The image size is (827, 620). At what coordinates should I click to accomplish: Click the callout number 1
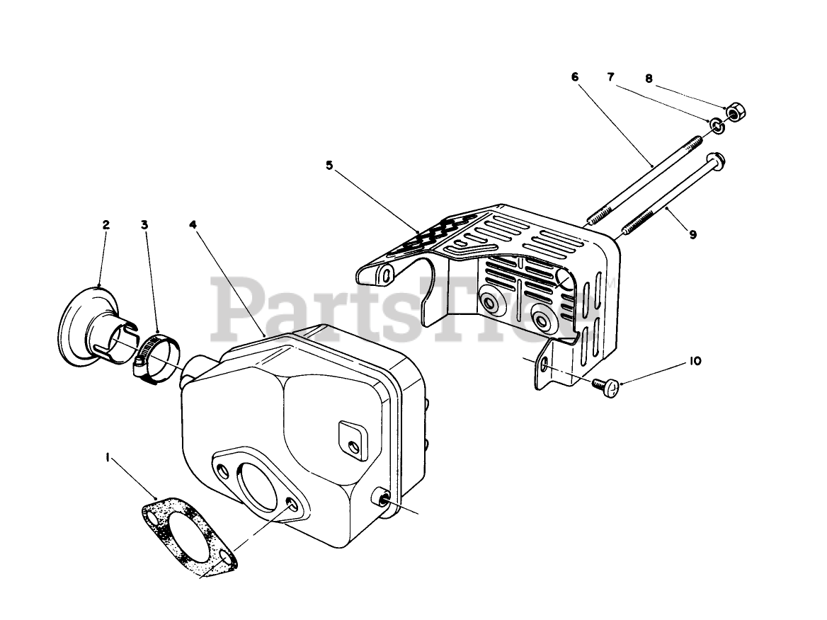point(108,459)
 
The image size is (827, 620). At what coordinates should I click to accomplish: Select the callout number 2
point(106,225)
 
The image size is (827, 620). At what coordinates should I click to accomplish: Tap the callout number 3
point(144,225)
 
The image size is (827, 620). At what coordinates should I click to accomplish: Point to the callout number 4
point(193,225)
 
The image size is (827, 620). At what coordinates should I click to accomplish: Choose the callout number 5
point(329,166)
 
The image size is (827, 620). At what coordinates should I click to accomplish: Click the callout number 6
point(575,76)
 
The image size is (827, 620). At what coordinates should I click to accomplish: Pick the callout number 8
point(649,78)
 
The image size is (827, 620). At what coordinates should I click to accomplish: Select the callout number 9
point(692,234)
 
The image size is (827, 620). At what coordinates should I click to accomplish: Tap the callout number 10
point(695,361)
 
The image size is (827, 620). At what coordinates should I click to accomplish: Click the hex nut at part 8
point(735,111)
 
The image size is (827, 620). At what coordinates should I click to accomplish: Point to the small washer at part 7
point(717,127)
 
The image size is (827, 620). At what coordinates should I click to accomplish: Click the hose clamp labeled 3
point(154,353)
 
